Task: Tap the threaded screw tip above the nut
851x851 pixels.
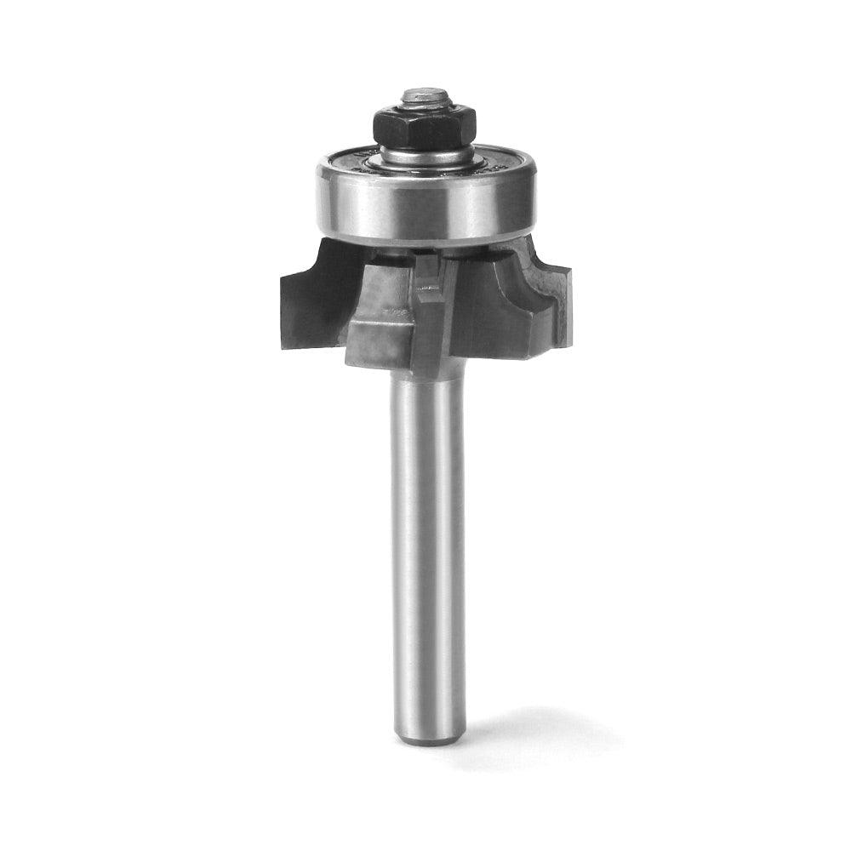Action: pyautogui.click(x=423, y=97)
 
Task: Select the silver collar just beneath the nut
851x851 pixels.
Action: pyautogui.click(x=425, y=156)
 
